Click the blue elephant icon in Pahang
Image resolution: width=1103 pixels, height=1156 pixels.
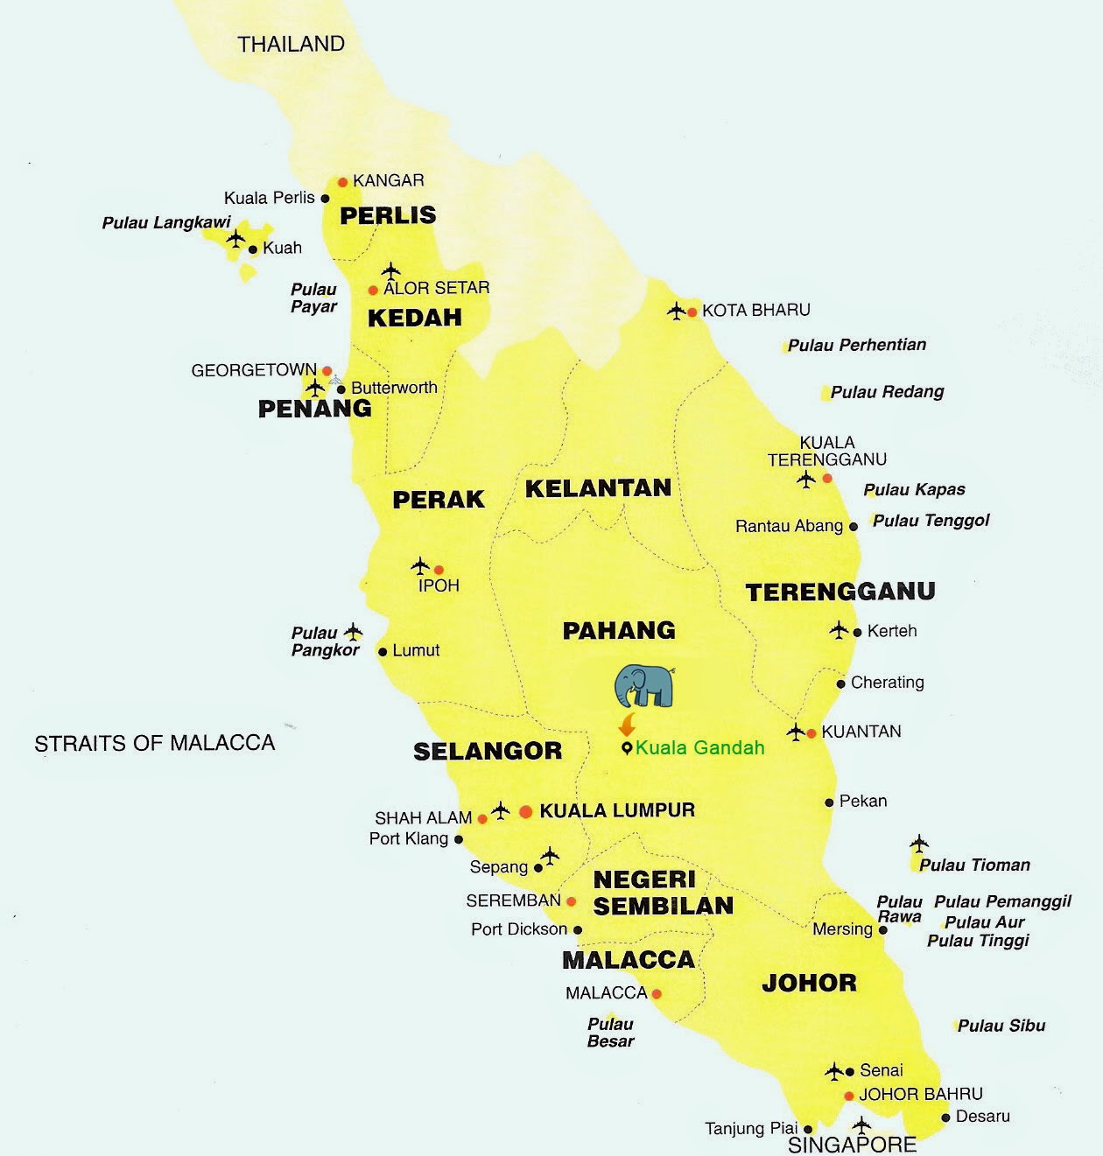coord(644,686)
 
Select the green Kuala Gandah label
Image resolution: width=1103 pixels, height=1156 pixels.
coord(699,747)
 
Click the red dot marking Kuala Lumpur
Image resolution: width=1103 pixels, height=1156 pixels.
coord(525,812)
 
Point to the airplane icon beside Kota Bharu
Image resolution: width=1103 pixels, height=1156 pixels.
coord(676,311)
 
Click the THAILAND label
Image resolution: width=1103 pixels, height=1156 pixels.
coord(292,44)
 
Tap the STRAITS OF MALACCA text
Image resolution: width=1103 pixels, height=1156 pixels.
coord(154,744)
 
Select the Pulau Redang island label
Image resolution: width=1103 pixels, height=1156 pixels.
coord(887,392)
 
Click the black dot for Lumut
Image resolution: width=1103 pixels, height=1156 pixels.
coord(383,651)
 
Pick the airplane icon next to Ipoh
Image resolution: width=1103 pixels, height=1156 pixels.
coord(420,566)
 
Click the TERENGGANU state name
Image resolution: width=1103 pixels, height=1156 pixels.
coord(840,592)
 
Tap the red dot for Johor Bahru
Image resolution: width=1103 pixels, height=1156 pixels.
coord(848,1096)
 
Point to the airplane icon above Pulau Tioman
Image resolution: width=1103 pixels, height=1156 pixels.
coord(918,844)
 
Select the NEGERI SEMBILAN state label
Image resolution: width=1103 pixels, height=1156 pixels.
coord(663,893)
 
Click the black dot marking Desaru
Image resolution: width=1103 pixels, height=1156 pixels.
coord(945,1117)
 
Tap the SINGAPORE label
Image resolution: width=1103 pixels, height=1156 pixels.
coord(852,1145)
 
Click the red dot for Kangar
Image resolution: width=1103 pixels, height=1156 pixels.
coord(343,182)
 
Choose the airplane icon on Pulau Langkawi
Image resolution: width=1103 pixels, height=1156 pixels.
coord(235,238)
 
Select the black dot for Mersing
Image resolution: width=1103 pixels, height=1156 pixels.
coord(882,929)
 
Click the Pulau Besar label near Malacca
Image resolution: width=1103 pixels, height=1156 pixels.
coord(610,1033)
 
